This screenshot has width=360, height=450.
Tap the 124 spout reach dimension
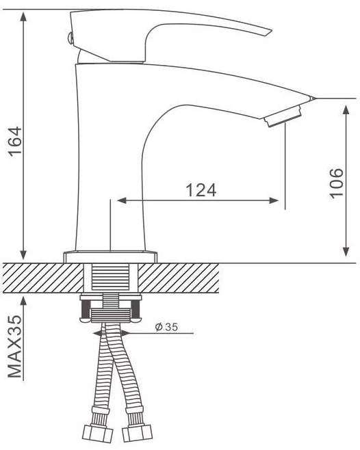pyautogui.click(x=201, y=190)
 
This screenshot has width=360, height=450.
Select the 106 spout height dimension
pyautogui.click(x=336, y=182)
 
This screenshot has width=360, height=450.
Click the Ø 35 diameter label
pyautogui.click(x=166, y=327)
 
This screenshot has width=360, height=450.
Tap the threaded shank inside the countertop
pyautogui.click(x=111, y=278)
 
